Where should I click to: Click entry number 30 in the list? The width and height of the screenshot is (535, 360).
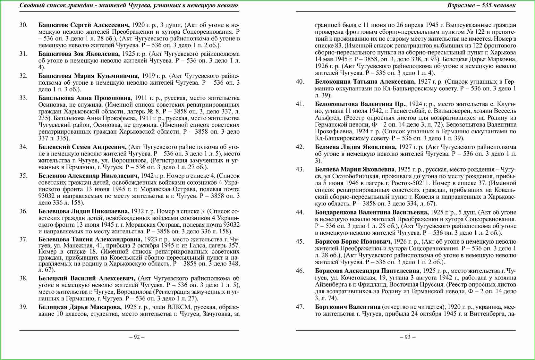(x=23, y=25)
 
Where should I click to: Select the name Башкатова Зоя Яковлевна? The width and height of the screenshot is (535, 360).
(x=79, y=54)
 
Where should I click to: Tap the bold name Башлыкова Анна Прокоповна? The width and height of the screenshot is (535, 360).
(x=85, y=98)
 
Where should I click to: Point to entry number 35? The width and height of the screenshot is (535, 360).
(x=23, y=176)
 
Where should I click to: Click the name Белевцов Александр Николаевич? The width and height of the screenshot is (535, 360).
(x=89, y=176)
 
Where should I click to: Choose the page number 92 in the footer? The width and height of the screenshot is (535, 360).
(x=137, y=337)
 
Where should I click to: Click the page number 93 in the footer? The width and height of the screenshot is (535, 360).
(x=407, y=337)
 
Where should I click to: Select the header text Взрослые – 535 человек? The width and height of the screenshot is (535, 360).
(x=481, y=5)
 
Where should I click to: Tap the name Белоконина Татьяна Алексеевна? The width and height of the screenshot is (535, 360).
(x=365, y=82)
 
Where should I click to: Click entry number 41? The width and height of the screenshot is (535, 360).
(x=300, y=104)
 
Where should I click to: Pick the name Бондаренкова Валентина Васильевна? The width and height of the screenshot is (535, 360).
(x=372, y=212)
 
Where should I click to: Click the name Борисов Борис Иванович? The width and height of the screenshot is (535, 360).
(x=353, y=242)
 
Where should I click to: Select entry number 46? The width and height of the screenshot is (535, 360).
(x=300, y=271)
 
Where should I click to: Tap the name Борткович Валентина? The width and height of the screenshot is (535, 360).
(x=347, y=307)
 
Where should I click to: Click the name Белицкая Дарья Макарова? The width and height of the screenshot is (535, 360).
(x=80, y=307)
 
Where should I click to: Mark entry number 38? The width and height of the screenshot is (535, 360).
(x=23, y=278)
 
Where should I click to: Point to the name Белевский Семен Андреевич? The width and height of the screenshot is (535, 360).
(x=82, y=147)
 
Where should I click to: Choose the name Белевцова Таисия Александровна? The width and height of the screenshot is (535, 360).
(x=90, y=239)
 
